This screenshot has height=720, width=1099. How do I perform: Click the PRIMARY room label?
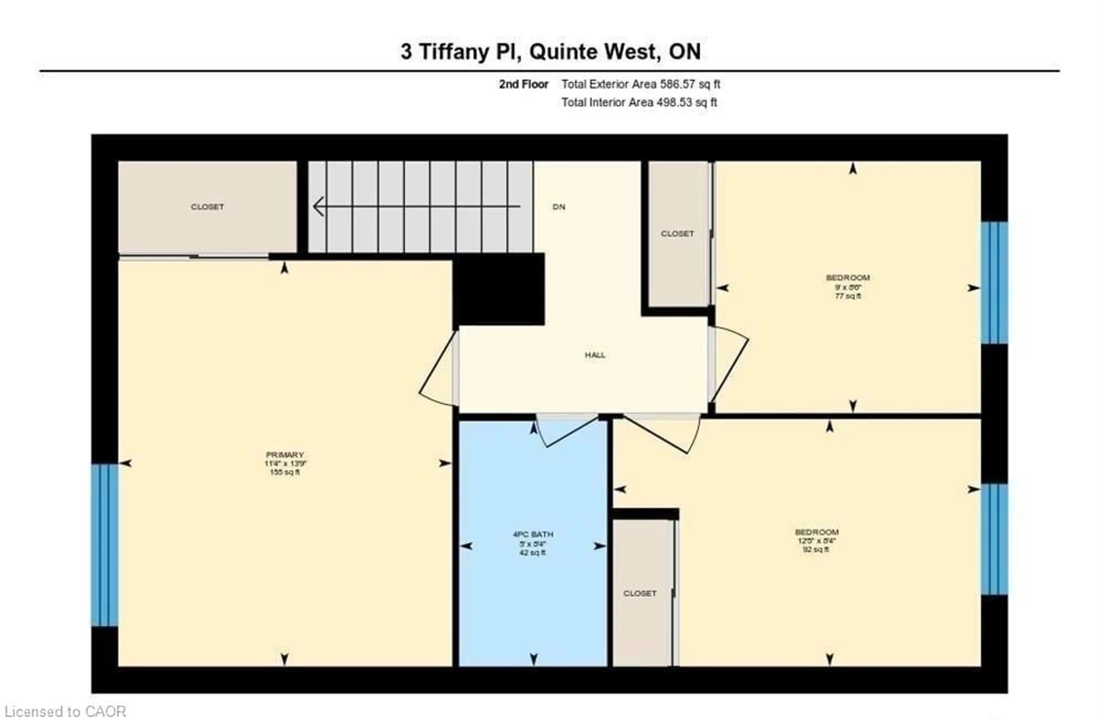tap(285, 454)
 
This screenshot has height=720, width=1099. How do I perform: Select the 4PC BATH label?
tap(533, 534)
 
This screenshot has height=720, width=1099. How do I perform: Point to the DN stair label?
tap(559, 207)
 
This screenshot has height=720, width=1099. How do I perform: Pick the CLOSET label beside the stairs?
tap(207, 207)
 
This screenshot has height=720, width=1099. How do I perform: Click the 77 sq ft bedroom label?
tap(848, 278)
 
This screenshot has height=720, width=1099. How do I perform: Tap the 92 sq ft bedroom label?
tap(817, 532)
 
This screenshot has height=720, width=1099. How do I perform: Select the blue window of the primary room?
tap(105, 545)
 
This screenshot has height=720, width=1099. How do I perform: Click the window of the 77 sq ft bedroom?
tap(994, 283)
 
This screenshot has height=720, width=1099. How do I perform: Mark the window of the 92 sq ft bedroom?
tap(994, 539)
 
